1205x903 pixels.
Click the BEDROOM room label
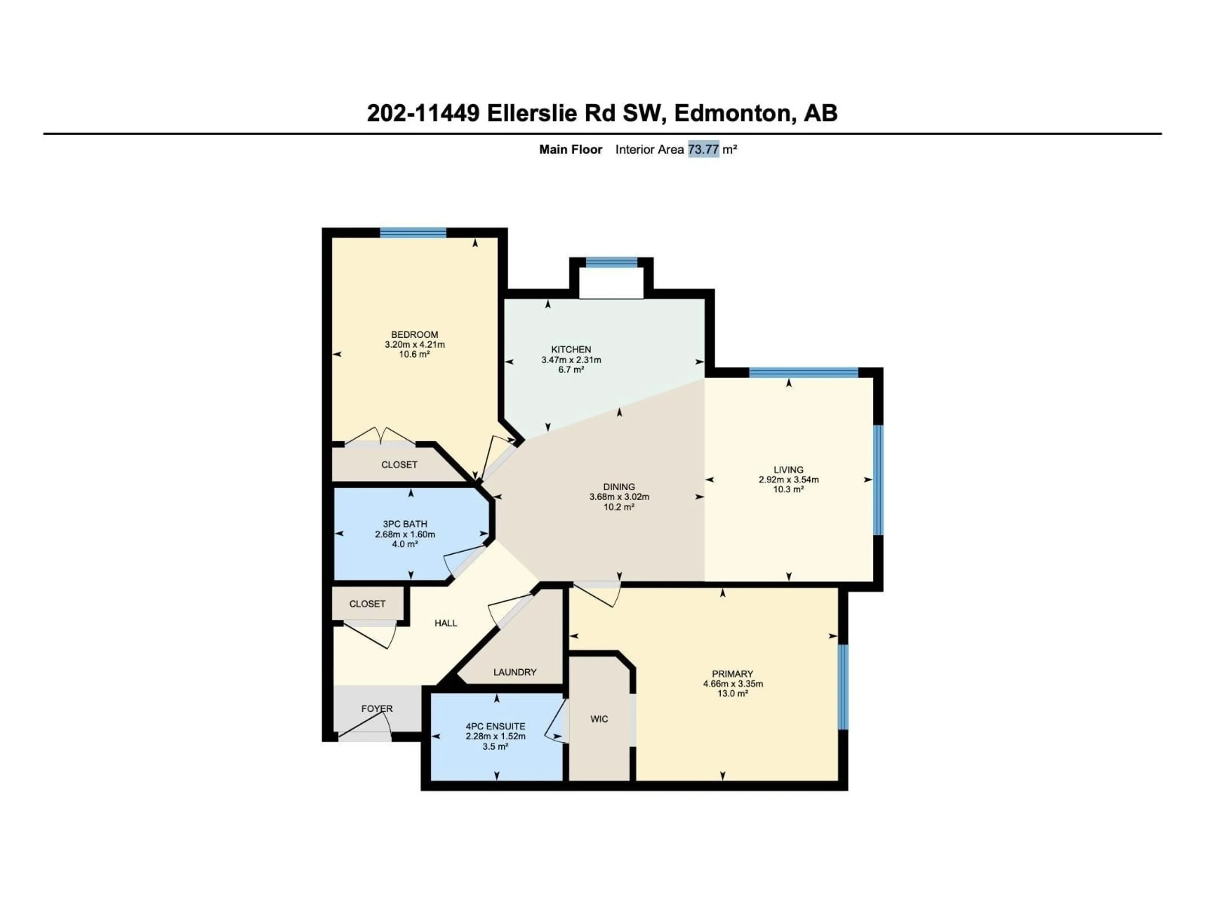point(414,334)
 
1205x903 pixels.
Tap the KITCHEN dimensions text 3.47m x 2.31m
point(571,360)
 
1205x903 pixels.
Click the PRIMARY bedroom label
point(732,673)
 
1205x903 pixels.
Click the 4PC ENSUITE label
point(495,726)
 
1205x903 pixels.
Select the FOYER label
point(377,709)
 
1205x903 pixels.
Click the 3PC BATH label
point(405,524)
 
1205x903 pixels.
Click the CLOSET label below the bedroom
point(399,464)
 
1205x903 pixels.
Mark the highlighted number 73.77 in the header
point(703,149)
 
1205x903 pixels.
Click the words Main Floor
point(570,149)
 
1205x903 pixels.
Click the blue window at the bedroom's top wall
point(413,233)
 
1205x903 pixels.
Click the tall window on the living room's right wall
point(878,479)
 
